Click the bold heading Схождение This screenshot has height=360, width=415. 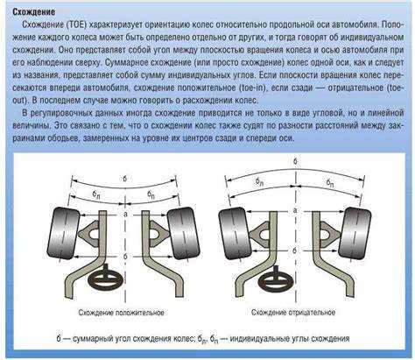[33, 12]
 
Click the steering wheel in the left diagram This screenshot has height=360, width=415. [106, 279]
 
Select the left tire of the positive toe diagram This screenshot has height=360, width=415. [64, 233]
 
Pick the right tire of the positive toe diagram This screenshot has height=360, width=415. [184, 233]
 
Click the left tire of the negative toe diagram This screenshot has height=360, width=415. [236, 233]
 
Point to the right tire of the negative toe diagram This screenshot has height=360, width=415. [355, 233]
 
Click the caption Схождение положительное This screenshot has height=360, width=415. [121, 313]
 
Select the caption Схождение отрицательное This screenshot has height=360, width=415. [293, 313]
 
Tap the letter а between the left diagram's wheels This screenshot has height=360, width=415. [125, 215]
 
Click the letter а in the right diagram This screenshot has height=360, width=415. [295, 210]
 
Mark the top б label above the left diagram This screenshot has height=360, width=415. [125, 179]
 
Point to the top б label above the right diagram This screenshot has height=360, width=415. [295, 161]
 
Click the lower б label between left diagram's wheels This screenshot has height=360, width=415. [125, 257]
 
